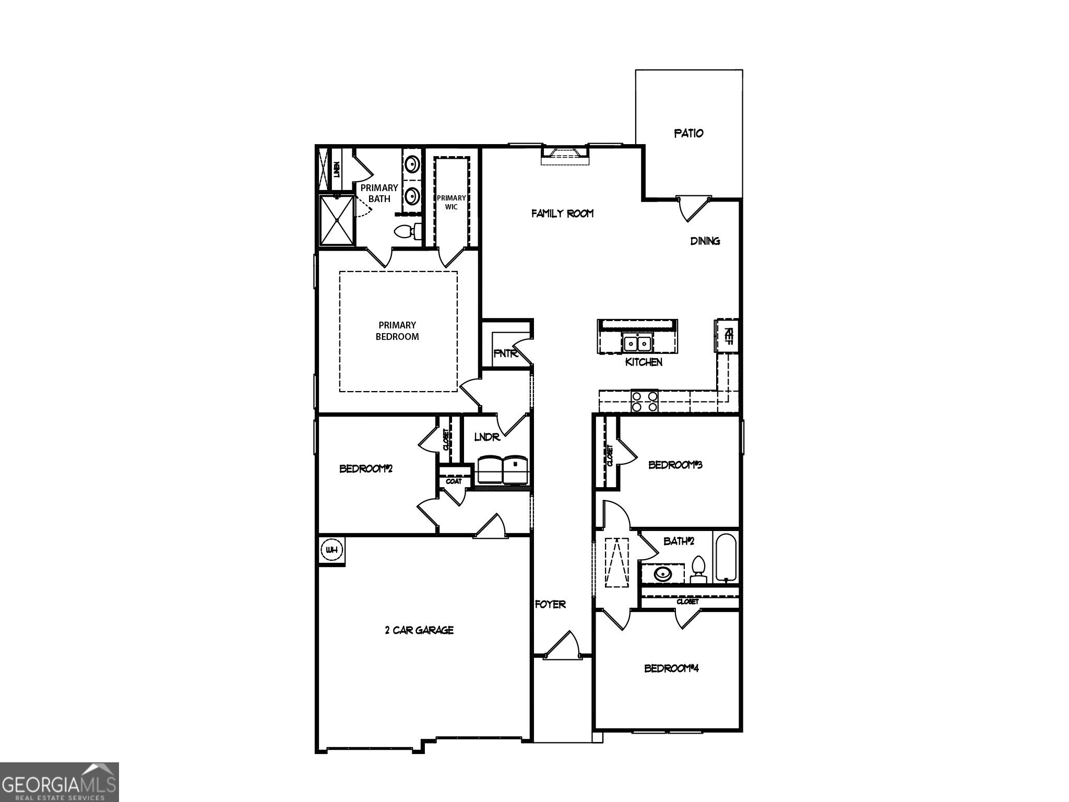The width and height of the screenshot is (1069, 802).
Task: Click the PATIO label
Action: coord(688,133)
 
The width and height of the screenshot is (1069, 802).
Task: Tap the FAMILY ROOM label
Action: coord(562,213)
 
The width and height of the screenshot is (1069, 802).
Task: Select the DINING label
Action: coord(705,241)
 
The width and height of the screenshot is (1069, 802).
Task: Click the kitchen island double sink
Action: coord(637,343)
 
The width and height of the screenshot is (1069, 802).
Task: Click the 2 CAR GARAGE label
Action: coord(419,630)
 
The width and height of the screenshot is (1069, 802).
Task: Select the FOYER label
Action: coord(550,604)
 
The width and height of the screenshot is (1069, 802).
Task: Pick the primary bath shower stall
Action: coord(337,220)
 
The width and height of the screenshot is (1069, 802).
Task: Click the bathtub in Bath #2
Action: coord(726,558)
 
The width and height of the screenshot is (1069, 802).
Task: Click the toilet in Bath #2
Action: coord(698,569)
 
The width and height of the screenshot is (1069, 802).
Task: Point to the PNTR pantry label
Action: coord(505,353)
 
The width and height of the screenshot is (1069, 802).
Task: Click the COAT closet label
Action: coord(454,481)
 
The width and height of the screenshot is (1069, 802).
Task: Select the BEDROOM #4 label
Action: coord(671,668)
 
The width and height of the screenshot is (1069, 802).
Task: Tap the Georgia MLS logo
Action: coord(59,782)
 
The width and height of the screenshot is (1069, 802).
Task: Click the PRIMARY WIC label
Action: coord(451,202)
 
